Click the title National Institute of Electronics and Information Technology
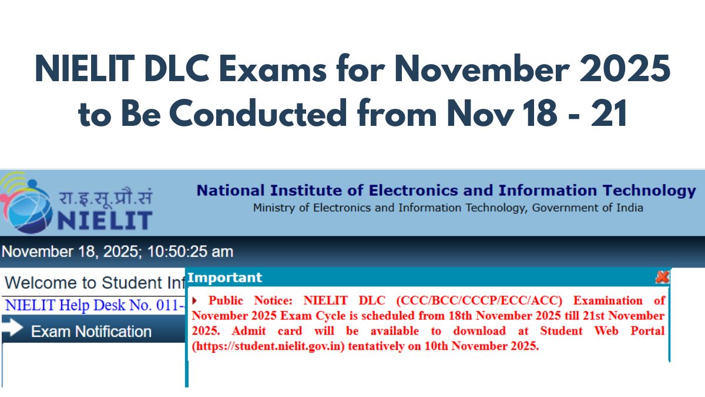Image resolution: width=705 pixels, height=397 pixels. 446,191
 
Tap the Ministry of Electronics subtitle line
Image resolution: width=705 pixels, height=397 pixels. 448,208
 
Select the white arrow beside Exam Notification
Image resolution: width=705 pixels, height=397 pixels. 12,331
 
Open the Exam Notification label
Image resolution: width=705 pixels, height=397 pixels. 91,332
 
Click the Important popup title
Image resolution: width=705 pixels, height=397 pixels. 224,278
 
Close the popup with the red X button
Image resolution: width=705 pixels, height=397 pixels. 662,277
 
